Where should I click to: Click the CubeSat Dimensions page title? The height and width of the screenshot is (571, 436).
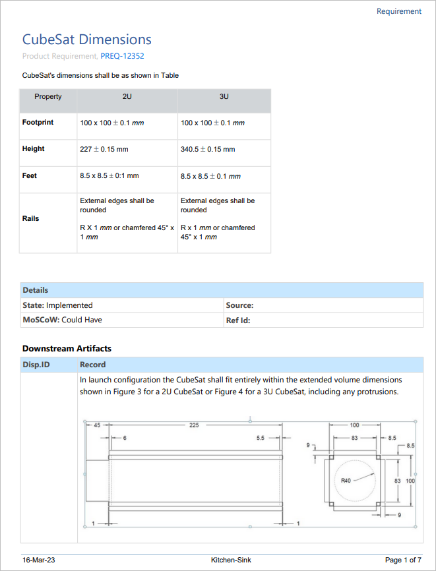point(87,40)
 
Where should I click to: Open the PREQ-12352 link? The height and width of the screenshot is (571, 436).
point(122,56)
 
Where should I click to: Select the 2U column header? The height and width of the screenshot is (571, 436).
point(127,97)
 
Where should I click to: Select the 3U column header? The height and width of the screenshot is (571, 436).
point(224,97)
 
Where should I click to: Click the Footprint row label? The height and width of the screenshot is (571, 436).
point(38,123)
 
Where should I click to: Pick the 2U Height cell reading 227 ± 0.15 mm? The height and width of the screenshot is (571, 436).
point(104,150)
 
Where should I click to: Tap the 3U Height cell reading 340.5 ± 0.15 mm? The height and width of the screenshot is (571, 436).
point(208,150)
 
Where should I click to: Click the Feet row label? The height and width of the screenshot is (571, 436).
point(30,176)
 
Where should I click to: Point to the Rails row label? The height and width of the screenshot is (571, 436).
point(31,218)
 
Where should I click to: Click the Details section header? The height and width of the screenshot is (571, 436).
point(36,290)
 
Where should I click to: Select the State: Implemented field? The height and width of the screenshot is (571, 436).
point(58,305)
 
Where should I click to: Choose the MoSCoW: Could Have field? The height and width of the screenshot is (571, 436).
point(62,320)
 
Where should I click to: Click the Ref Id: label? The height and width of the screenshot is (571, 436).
point(238,320)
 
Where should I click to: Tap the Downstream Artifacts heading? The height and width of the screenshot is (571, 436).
point(67,348)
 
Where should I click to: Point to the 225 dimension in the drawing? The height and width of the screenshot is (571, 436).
point(194,425)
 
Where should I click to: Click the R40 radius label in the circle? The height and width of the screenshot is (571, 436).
point(346,481)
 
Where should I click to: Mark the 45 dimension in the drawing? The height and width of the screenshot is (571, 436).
point(96,425)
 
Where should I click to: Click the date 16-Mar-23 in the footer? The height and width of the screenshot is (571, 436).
point(38,560)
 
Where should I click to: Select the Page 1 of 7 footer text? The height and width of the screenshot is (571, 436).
point(403,560)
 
